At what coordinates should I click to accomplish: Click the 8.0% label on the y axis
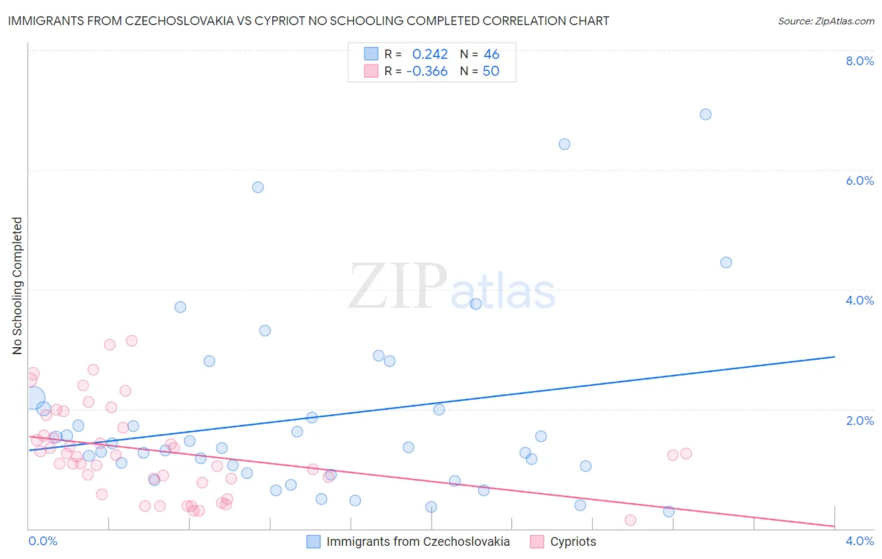(859, 61)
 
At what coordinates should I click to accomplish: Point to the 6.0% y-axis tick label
(859, 180)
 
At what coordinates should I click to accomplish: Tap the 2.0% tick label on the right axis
(859, 421)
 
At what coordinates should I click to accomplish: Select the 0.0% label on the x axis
(43, 541)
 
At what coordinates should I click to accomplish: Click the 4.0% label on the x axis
(859, 541)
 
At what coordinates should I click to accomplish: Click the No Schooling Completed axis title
(18, 286)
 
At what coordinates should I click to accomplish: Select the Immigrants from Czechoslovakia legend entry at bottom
(418, 541)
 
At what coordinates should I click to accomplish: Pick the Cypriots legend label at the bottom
(573, 541)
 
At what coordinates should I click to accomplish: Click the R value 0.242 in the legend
(430, 55)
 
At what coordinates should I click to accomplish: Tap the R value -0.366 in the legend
(427, 71)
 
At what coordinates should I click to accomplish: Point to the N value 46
(491, 55)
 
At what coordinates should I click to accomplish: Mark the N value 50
(491, 71)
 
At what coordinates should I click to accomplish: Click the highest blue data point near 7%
(706, 114)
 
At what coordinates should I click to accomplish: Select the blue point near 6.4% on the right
(565, 144)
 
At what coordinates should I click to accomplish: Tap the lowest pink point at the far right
(630, 520)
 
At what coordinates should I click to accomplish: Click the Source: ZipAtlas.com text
(826, 21)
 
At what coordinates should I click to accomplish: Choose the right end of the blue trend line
(834, 357)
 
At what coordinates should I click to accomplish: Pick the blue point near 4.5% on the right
(726, 263)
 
